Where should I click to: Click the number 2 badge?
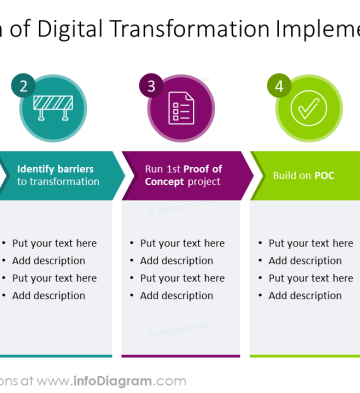coord(25,87)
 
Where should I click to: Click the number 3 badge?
coord(152,87)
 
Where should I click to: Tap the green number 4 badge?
coord(278,87)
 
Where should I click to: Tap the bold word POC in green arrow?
coord(324,175)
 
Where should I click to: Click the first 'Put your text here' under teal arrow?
coord(55,243)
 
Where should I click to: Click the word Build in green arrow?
coord(286,175)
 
